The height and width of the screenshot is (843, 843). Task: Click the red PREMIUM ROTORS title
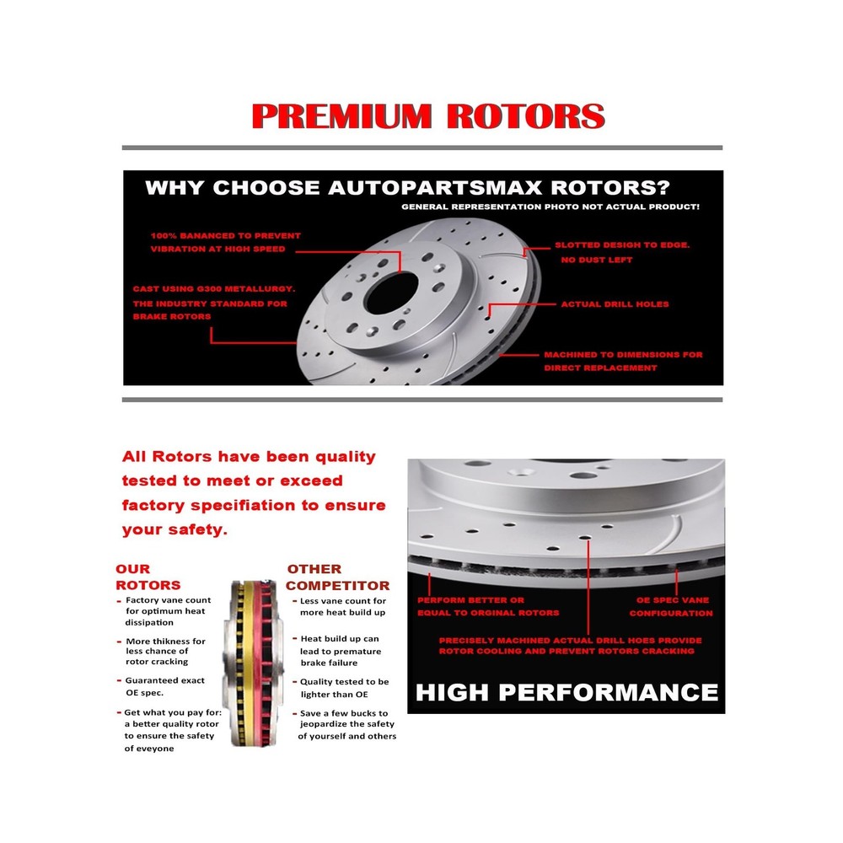(428, 116)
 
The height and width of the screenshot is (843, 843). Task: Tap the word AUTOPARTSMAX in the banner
(435, 188)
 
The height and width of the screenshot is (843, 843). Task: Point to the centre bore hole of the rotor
(391, 293)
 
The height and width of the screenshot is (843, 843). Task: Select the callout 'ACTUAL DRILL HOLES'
(615, 304)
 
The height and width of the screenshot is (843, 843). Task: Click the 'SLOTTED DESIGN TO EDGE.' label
(622, 245)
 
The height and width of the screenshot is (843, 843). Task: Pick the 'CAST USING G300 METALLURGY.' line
(214, 288)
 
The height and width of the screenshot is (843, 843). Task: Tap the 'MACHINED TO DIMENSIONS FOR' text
(623, 355)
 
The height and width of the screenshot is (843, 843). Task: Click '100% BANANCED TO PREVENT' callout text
(226, 235)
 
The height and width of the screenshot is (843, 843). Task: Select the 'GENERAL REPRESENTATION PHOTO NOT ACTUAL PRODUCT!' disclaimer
(550, 207)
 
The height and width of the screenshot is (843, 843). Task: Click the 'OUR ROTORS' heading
(148, 577)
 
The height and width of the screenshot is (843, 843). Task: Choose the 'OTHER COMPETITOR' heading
(338, 577)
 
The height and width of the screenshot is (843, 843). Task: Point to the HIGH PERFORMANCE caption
(566, 692)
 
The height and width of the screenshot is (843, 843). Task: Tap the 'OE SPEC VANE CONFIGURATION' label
(672, 606)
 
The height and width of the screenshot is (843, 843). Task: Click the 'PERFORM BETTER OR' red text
(470, 600)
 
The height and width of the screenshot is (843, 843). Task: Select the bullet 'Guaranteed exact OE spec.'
(161, 686)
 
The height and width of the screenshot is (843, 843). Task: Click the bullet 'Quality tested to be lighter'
(341, 688)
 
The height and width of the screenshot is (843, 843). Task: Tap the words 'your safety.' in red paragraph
(175, 530)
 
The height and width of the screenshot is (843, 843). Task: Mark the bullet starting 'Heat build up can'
(336, 651)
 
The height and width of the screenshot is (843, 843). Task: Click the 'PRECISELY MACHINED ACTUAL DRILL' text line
(570, 641)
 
